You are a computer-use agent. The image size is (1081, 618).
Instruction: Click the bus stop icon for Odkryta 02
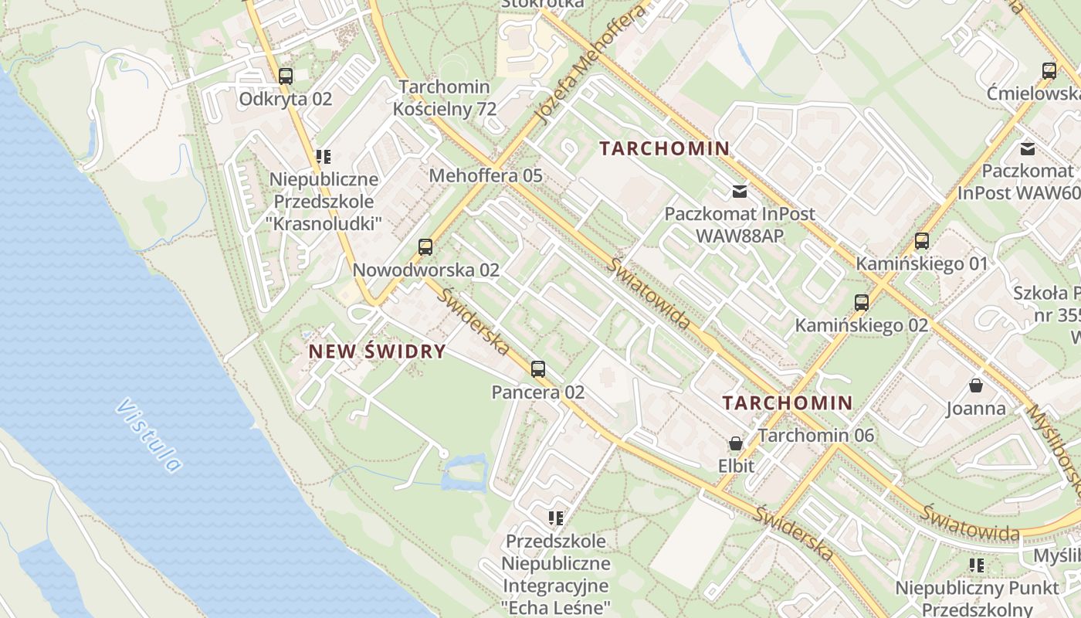[x=286, y=76]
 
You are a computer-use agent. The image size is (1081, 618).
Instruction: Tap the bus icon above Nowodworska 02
[x=425, y=247]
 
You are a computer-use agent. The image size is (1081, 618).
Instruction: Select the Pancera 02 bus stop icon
[x=538, y=369]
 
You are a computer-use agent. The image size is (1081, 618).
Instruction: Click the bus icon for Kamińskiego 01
[x=922, y=240]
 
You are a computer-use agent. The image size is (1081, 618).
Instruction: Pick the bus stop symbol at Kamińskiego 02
[x=862, y=302]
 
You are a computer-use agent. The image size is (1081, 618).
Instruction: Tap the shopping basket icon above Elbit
[x=736, y=443]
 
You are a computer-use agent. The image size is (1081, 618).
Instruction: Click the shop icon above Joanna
[x=976, y=385]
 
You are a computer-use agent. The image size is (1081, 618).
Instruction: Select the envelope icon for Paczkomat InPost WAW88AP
[x=740, y=190]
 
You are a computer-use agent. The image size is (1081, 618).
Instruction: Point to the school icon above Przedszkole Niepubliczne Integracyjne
[x=556, y=518]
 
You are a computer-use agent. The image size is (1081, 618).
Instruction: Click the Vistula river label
[x=151, y=435]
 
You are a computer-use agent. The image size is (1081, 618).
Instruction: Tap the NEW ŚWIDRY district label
[x=377, y=351]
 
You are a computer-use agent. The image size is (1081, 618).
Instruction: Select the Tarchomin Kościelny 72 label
[x=445, y=97]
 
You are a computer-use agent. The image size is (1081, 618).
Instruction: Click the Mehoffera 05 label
[x=486, y=175]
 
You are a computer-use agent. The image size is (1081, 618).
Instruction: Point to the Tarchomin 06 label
[x=816, y=435]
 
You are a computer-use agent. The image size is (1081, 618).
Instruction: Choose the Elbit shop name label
[x=736, y=466]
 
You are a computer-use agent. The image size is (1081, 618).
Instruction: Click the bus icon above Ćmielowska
[x=1049, y=71]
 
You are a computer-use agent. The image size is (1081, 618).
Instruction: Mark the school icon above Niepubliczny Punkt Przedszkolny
[x=978, y=565]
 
